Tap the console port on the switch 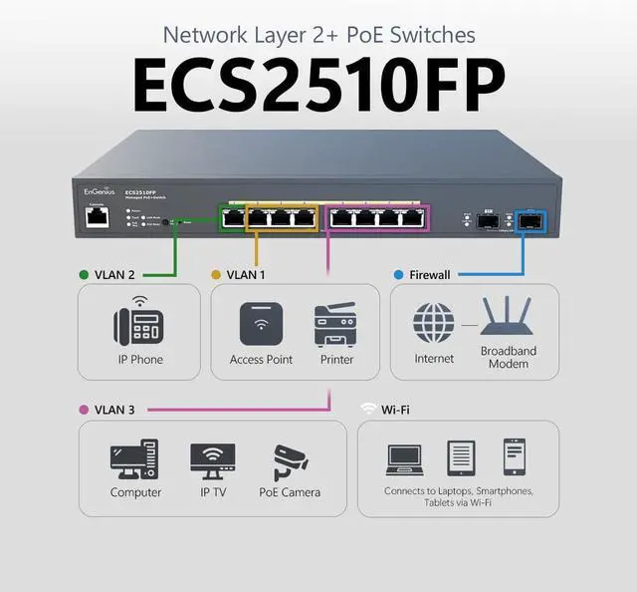[x=97, y=218]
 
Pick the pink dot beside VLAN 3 [x=84, y=409]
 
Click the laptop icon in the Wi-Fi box [x=404, y=458]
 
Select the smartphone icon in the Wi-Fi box [x=514, y=457]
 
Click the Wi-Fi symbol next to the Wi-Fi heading [x=368, y=409]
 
